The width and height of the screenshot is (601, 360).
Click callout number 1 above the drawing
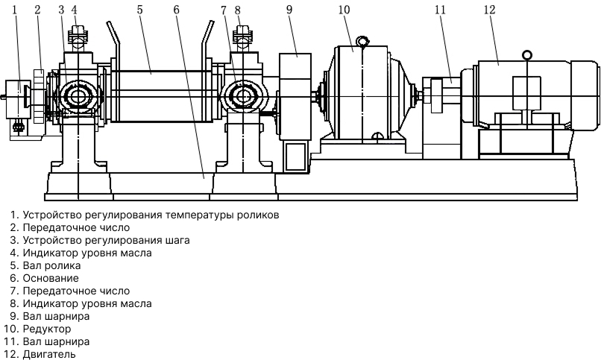[15, 10]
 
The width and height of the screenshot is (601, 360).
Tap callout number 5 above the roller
[139, 10]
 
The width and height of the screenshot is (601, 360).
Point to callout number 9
[289, 10]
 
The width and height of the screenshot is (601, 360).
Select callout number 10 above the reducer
[344, 10]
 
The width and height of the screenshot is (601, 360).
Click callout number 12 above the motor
[489, 10]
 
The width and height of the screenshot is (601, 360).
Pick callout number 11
[441, 10]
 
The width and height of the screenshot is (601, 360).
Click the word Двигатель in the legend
[49, 354]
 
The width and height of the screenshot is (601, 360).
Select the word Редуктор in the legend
[47, 329]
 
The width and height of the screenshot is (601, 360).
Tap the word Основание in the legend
[51, 278]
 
